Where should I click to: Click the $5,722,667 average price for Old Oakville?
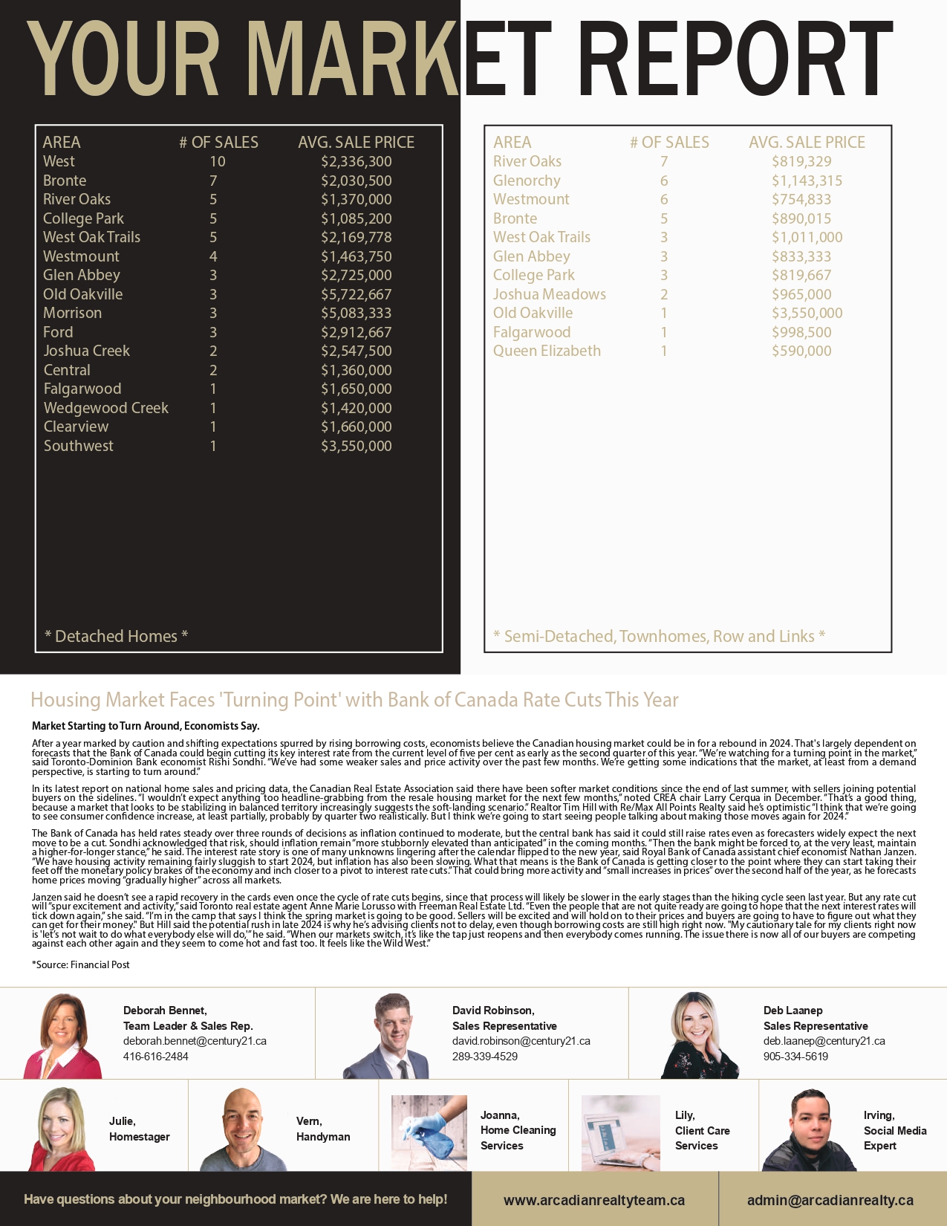tap(356, 294)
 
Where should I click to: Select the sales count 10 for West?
tap(217, 161)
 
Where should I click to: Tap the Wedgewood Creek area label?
tap(106, 408)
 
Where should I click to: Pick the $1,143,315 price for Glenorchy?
tap(807, 181)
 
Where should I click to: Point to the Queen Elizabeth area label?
tap(547, 351)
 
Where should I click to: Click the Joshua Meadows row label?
tap(550, 294)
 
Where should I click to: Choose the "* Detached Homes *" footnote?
tap(116, 636)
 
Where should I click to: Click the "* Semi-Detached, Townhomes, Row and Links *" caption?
tap(659, 636)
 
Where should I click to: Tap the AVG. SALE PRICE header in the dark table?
tap(356, 142)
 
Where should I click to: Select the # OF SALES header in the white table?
tap(669, 142)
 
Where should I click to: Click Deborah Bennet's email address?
tap(195, 1041)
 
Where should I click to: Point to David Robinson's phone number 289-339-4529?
tap(485, 1057)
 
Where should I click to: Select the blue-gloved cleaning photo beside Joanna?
tap(429, 1132)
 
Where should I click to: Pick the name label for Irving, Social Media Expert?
tap(894, 1130)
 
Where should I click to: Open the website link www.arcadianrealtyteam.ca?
tap(594, 1200)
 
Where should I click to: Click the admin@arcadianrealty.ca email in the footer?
tap(830, 1200)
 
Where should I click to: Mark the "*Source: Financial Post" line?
tap(81, 964)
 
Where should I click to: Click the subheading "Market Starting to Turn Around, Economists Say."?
tap(146, 726)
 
